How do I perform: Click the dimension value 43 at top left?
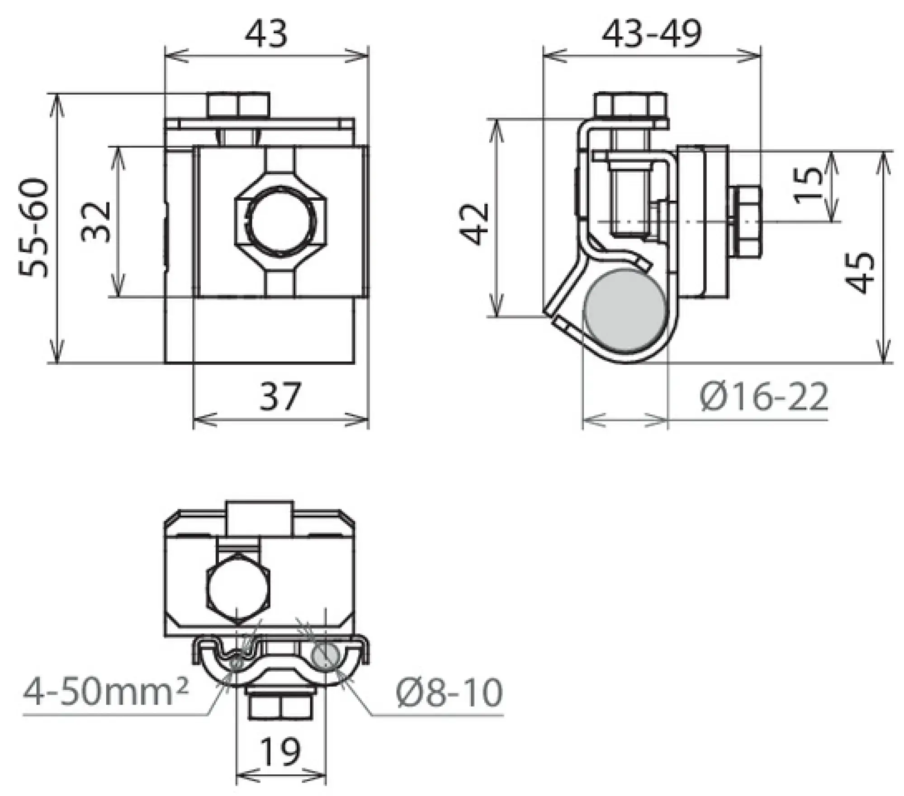(x=266, y=35)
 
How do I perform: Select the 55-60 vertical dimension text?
(x=34, y=228)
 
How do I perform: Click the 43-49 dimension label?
(x=651, y=34)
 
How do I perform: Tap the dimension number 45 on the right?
(x=861, y=273)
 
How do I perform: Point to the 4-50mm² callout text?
(x=106, y=692)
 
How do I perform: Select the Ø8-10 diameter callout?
(x=449, y=692)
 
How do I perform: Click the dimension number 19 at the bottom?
(x=280, y=751)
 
